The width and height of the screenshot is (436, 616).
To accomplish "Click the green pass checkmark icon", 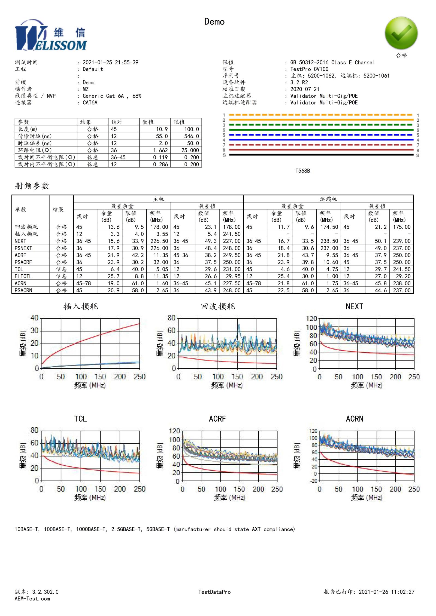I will coord(401,33).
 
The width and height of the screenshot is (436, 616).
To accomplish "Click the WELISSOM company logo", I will coord(51,35).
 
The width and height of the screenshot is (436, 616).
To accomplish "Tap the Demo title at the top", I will coord(214,22).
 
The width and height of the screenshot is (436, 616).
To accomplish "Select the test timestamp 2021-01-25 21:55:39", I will coord(110,62).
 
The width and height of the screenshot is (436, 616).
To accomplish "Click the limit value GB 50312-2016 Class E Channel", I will coord(332,62).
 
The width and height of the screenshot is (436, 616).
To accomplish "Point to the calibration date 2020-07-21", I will coord(304,89).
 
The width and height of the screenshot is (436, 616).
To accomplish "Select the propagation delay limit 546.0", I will coord(191,136).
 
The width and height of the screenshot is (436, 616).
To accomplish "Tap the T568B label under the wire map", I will coord(302,171).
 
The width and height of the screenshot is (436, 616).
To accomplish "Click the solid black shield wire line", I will coord(321,155).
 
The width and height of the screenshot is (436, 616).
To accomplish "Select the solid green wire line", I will coord(321,130).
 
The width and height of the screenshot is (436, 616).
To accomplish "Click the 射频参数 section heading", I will coord(32,186).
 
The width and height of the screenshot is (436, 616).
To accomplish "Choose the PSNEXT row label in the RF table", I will coord(23,248).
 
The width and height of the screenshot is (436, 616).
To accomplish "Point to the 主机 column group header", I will coord(158,199).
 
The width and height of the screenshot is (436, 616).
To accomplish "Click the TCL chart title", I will coord(81,419).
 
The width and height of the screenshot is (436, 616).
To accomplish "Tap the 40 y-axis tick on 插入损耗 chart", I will coord(34,318).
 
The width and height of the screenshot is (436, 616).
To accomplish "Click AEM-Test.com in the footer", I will coord(32,599).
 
